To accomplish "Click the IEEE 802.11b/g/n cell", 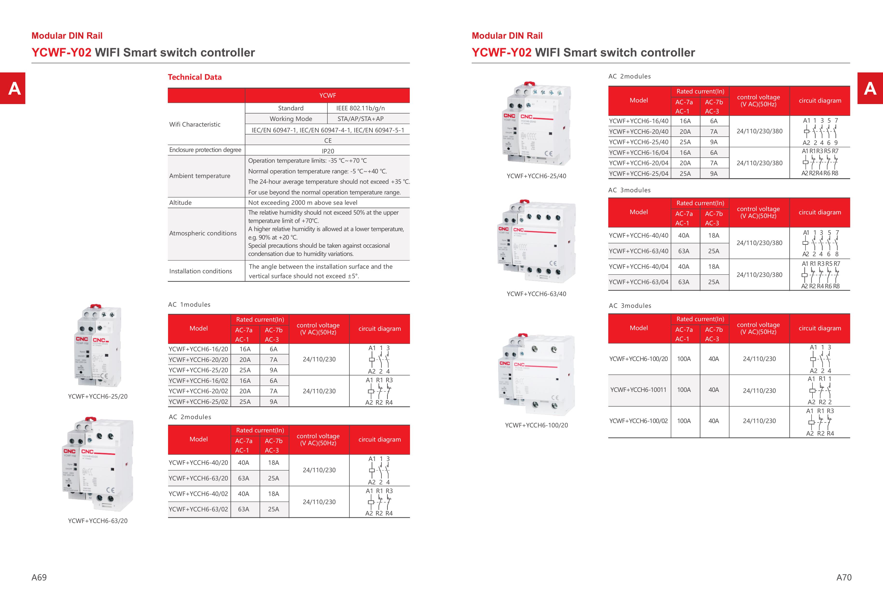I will (360, 108).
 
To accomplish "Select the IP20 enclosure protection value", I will (327, 151).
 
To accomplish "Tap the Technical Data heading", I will (195, 77).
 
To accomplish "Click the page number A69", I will (39, 577).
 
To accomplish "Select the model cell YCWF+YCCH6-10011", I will (638, 390).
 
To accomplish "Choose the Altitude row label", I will (180, 203).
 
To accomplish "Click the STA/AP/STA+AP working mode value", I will (360, 119).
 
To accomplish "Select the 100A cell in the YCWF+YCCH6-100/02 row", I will (684, 421).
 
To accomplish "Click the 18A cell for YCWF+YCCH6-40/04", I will (713, 267).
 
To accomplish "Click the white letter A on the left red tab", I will (14, 89).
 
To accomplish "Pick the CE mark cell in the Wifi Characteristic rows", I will (327, 141).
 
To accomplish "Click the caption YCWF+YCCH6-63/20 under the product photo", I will (98, 521).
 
